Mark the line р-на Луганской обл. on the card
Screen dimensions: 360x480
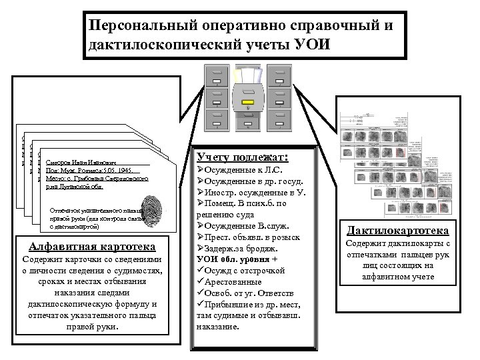pyautogui.click(x=74, y=187)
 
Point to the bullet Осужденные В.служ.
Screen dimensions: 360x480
pyautogui.click(x=245, y=226)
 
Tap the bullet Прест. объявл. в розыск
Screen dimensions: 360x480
pyautogui.click(x=248, y=237)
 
